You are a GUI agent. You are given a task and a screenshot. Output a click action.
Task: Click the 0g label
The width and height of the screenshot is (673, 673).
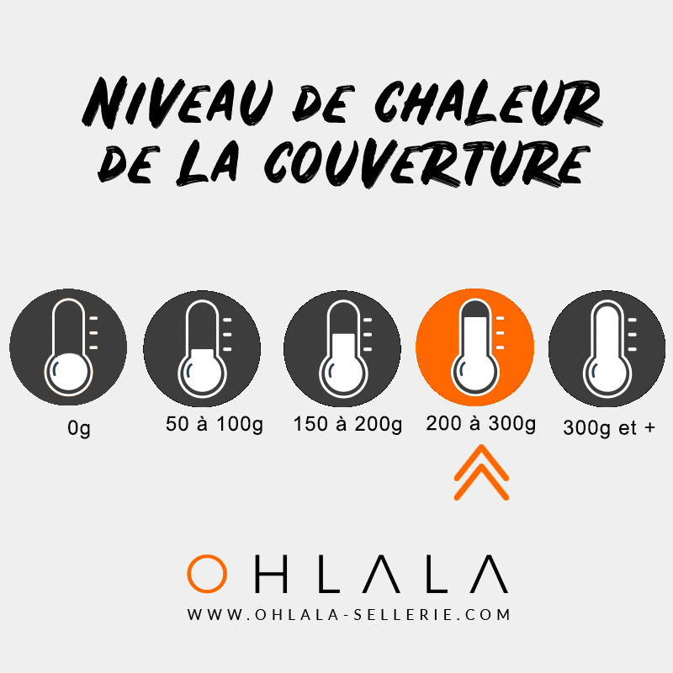[79, 428]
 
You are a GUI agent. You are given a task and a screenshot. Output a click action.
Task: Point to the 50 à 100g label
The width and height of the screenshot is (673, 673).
[215, 425]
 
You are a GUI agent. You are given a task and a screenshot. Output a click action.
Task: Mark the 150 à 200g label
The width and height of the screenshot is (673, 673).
[348, 425]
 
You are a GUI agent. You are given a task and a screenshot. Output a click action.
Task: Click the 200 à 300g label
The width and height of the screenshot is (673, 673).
[481, 425]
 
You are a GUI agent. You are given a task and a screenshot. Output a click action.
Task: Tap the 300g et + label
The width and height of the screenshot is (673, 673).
[610, 427]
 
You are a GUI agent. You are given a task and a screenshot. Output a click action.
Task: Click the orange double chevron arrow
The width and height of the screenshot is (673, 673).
[482, 473]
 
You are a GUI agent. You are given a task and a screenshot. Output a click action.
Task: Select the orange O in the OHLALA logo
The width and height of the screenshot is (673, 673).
[207, 573]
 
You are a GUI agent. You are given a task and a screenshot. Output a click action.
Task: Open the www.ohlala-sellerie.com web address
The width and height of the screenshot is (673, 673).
[348, 615]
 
